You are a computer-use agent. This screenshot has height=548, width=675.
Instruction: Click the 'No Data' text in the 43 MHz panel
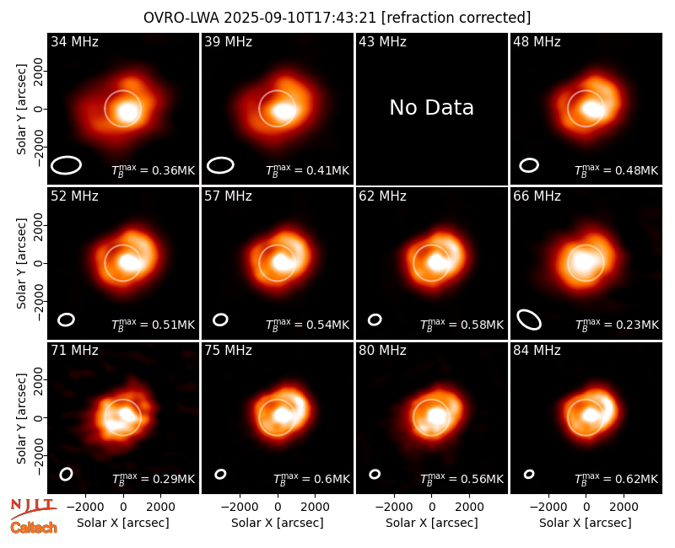click(431, 108)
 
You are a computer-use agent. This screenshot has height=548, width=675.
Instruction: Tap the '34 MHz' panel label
click(74, 41)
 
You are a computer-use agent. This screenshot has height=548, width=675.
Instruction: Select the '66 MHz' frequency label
click(537, 196)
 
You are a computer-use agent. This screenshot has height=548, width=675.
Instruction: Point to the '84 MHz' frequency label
click(537, 351)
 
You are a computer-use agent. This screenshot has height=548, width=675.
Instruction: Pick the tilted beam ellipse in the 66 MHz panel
click(529, 320)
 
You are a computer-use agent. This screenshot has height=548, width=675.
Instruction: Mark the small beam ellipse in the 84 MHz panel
click(529, 474)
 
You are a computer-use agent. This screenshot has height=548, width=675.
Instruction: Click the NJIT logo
click(33, 508)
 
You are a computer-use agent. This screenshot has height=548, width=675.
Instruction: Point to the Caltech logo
click(34, 528)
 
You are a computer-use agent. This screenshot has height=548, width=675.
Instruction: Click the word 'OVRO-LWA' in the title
click(181, 18)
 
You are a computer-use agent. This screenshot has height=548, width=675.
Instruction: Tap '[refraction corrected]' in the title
click(456, 18)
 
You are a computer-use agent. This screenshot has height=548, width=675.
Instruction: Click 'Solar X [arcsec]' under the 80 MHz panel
click(431, 523)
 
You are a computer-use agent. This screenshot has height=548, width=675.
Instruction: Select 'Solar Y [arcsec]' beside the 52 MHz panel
click(22, 263)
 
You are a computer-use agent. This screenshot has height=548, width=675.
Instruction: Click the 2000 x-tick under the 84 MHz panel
click(624, 507)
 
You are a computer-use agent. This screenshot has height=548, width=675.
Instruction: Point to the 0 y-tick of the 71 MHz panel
click(39, 417)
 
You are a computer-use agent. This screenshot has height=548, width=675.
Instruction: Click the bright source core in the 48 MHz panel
click(593, 109)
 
